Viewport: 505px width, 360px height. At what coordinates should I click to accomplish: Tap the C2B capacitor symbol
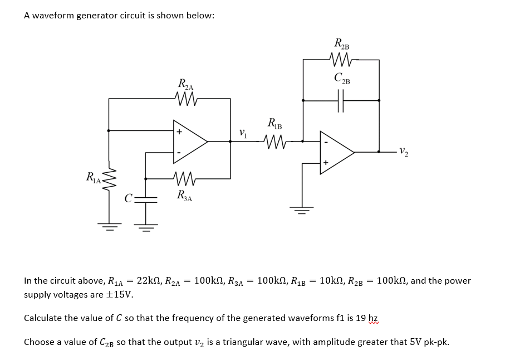click(x=341, y=101)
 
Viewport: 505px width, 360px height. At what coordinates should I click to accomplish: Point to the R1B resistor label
click(x=274, y=123)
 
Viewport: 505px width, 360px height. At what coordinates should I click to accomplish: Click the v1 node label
click(x=242, y=133)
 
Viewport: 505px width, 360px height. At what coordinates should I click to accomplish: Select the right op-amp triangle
click(x=335, y=152)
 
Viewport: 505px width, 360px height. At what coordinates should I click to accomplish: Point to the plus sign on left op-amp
click(x=179, y=132)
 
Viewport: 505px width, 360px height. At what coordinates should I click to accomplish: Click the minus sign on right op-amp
click(x=326, y=142)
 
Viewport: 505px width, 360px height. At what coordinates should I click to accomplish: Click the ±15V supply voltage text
click(x=121, y=294)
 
